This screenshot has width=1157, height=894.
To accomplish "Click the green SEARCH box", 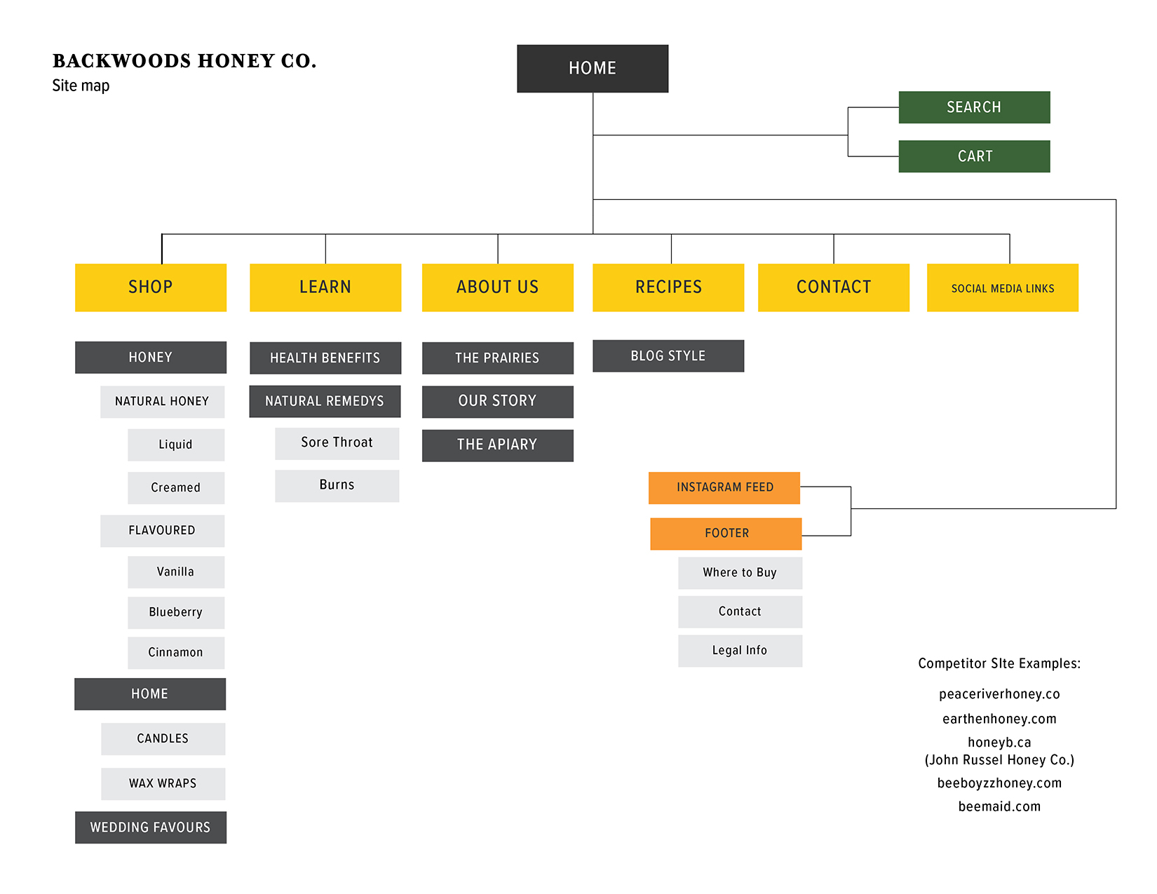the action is coord(974,107).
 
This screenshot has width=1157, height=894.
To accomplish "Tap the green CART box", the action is coord(974,156).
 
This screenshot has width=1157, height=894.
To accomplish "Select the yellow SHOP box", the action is coord(151,287).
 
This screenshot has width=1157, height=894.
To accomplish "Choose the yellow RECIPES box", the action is coord(668,287).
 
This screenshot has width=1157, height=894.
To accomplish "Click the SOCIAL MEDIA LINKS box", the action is coord(1003,287).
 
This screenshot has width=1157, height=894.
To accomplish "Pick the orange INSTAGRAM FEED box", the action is coord(724,488).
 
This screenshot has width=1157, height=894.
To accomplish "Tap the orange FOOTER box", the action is coord(726,534).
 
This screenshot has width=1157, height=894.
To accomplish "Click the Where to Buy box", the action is coord(740,573).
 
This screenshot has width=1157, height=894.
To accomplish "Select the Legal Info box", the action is coord(740,651).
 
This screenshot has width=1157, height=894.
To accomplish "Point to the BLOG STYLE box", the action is coord(668,355).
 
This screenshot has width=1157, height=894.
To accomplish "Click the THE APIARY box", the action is coord(498,446).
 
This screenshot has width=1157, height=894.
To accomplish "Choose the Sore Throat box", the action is coord(337,444).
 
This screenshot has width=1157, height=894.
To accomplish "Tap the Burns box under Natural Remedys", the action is coord(337,486).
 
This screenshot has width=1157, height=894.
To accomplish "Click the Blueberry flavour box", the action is coord(176,612).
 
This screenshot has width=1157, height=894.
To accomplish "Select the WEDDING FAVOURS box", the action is coord(151,827).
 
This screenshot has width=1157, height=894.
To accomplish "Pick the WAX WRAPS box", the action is coord(163,783).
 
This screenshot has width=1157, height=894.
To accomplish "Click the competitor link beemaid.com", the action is coord(999,806).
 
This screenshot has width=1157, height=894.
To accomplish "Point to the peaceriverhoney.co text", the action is coord(999,693).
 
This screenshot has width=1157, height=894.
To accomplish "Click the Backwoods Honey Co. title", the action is coord(184,61).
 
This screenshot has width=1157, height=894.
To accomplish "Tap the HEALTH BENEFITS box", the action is coord(325,358).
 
